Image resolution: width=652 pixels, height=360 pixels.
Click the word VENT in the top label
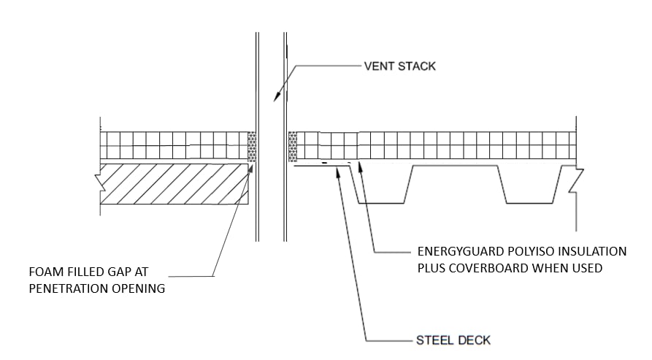(x=380, y=66)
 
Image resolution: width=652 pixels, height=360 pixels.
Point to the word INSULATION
(x=592, y=251)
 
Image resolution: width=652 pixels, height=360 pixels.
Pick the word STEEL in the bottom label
(x=432, y=340)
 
